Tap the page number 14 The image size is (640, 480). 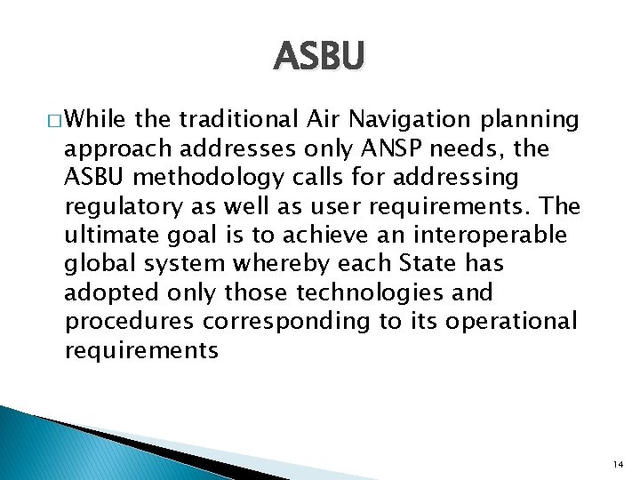617,464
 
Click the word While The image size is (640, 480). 94,120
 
